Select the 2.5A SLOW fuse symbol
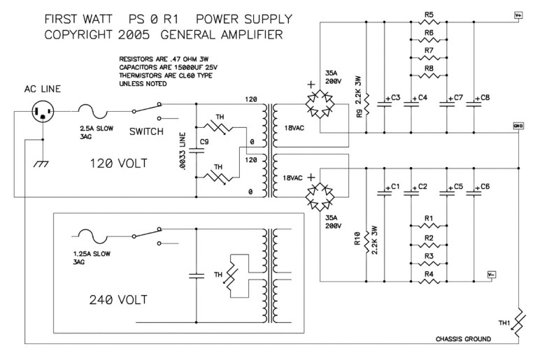click(90, 110)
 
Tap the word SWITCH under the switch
click(148, 131)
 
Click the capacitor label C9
click(204, 142)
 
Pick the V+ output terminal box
click(518, 13)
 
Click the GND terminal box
click(518, 126)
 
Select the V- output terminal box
click(492, 274)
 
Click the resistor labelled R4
click(429, 282)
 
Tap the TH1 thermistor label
click(504, 324)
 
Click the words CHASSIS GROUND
click(452, 339)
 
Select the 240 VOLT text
click(119, 300)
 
